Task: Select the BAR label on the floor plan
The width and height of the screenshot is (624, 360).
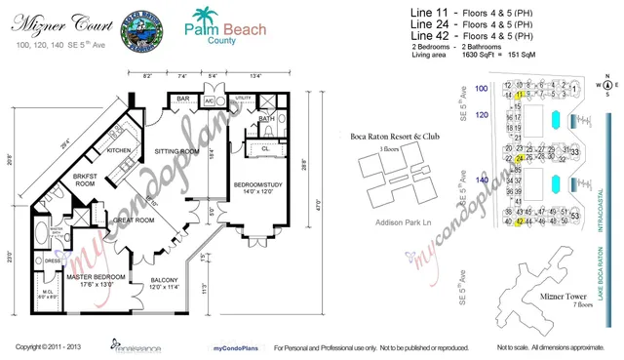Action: [x=183, y=99]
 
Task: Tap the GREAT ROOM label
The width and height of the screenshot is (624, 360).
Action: [x=131, y=220]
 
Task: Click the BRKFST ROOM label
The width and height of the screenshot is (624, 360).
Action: [x=85, y=180]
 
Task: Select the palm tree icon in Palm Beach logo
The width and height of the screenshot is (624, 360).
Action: [x=202, y=17]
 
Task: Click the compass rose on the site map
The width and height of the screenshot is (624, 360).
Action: [x=604, y=86]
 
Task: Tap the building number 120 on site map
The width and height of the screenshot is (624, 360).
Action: [x=480, y=114]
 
